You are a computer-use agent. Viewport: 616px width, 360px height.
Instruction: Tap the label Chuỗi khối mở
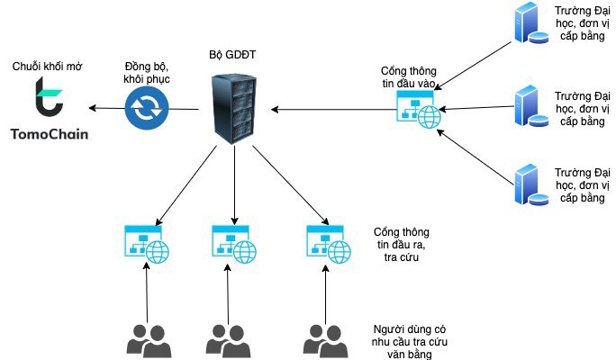46,67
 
